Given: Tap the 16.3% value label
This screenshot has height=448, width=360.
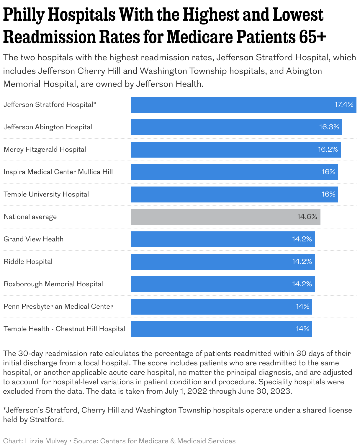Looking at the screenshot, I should tap(329, 127).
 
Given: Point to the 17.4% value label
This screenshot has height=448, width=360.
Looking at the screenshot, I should tap(344, 105).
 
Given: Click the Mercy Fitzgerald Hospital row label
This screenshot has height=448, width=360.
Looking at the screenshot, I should tap(45, 150).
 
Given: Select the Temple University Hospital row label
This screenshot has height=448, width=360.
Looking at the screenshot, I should tap(46, 194).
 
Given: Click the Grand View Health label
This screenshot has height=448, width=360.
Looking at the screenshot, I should tap(34, 239).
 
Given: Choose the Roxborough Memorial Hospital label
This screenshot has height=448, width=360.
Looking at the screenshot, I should tap(53, 284).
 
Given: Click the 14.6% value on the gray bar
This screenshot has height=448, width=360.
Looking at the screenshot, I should tap(307, 217).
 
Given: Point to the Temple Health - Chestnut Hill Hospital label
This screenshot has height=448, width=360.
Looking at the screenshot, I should tap(65, 329).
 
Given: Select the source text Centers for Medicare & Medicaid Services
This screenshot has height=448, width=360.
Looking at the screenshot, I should tap(168, 441).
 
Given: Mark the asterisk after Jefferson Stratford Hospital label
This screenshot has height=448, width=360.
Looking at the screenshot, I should tap(95, 104).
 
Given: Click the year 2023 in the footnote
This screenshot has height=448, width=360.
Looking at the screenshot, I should tap(282, 391).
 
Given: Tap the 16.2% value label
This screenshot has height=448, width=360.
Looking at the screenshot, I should tap(328, 150).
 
